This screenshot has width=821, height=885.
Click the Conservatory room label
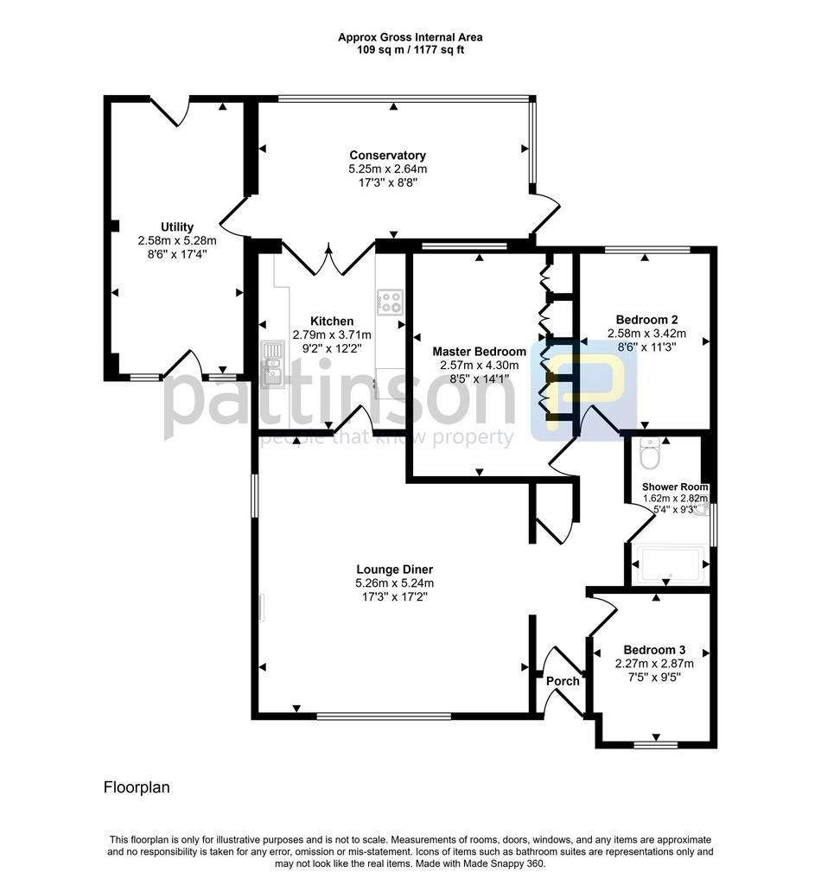click(387, 156)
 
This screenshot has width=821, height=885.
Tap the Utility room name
click(177, 227)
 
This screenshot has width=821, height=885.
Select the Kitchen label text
click(332, 322)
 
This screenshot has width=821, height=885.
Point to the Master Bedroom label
click(479, 351)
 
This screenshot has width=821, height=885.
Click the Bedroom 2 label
click(646, 320)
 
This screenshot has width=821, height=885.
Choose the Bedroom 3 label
click(654, 650)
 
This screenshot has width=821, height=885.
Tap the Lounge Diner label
click(394, 570)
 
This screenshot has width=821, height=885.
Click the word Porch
click(563, 681)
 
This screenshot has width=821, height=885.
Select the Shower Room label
click(675, 487)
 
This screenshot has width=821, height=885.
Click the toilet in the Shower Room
click(650, 452)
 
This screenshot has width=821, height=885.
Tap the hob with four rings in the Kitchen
click(390, 302)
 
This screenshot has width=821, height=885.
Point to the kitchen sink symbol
click(272, 364)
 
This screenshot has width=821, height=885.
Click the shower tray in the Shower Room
click(671, 563)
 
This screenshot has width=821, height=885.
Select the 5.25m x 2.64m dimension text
click(388, 169)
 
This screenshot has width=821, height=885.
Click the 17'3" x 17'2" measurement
click(394, 596)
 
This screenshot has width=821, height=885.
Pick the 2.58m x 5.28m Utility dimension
click(177, 240)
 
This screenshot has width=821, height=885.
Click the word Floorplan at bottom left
click(137, 787)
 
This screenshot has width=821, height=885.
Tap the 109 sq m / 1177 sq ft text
click(410, 49)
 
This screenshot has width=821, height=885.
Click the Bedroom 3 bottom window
click(656, 745)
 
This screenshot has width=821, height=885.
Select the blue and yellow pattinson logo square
click(584, 391)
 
